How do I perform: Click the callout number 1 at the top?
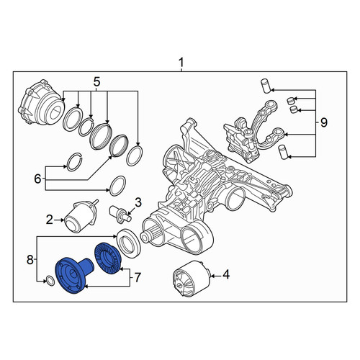(x=181, y=63)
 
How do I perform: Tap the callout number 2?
(x=50, y=220)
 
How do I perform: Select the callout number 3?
(x=138, y=202)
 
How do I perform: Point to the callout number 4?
(x=226, y=274)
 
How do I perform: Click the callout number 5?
(x=96, y=82)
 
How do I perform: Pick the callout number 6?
(x=37, y=179)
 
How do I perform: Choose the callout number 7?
(x=137, y=278)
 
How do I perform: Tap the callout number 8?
(x=30, y=259)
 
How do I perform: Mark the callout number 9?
(x=324, y=122)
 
